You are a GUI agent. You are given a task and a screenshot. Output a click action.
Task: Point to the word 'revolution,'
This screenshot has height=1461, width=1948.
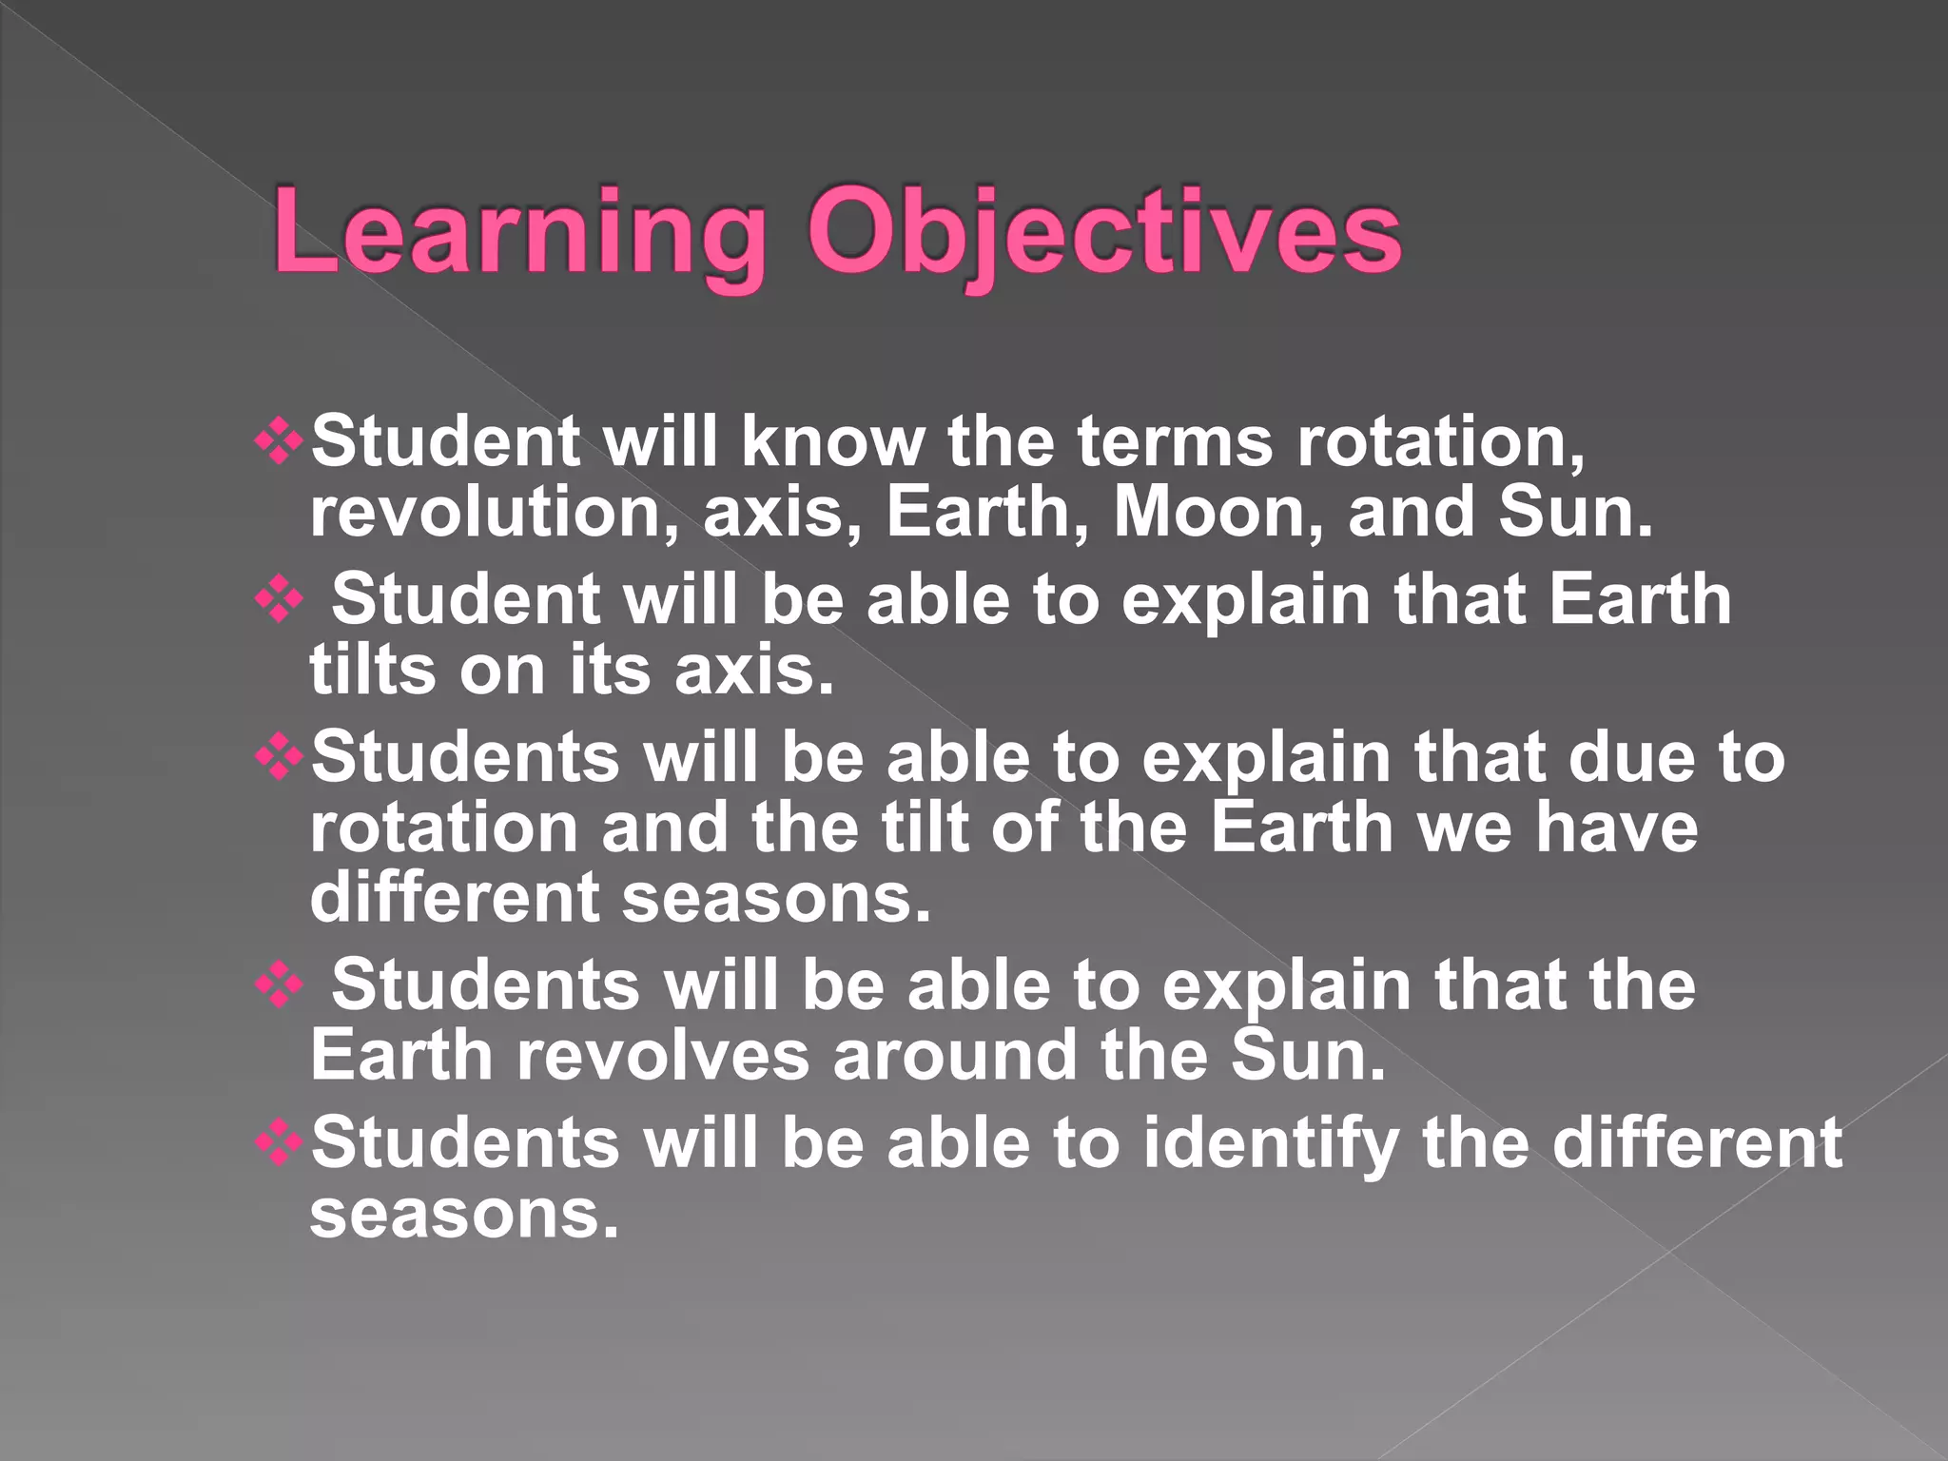(x=494, y=512)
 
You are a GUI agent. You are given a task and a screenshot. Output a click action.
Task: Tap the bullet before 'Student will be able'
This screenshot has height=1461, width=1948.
(x=280, y=600)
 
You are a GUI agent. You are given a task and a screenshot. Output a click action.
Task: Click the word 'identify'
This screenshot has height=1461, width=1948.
(x=1271, y=1143)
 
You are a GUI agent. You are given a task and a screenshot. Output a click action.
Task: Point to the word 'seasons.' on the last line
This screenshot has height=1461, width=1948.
(x=464, y=1214)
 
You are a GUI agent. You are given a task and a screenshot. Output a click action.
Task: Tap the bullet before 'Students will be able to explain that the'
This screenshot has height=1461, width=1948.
(x=280, y=985)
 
